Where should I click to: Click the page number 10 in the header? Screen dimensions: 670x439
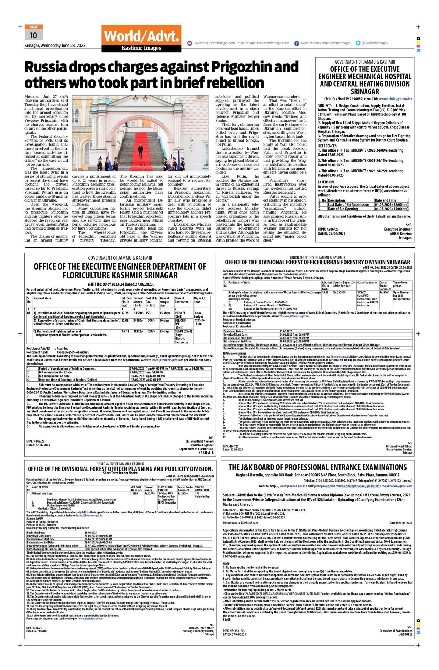pyautogui.click(x=34, y=36)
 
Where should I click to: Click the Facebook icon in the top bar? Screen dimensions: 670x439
pyautogui.click(x=297, y=43)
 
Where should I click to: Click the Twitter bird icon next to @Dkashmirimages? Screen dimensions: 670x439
pyautogui.click(x=358, y=43)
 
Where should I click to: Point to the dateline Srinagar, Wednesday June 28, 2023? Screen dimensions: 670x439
pyautogui.click(x=55, y=46)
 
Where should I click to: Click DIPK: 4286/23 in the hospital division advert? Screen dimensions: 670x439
pyautogui.click(x=328, y=229)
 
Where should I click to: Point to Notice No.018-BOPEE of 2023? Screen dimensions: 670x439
pyautogui.click(x=240, y=523)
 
